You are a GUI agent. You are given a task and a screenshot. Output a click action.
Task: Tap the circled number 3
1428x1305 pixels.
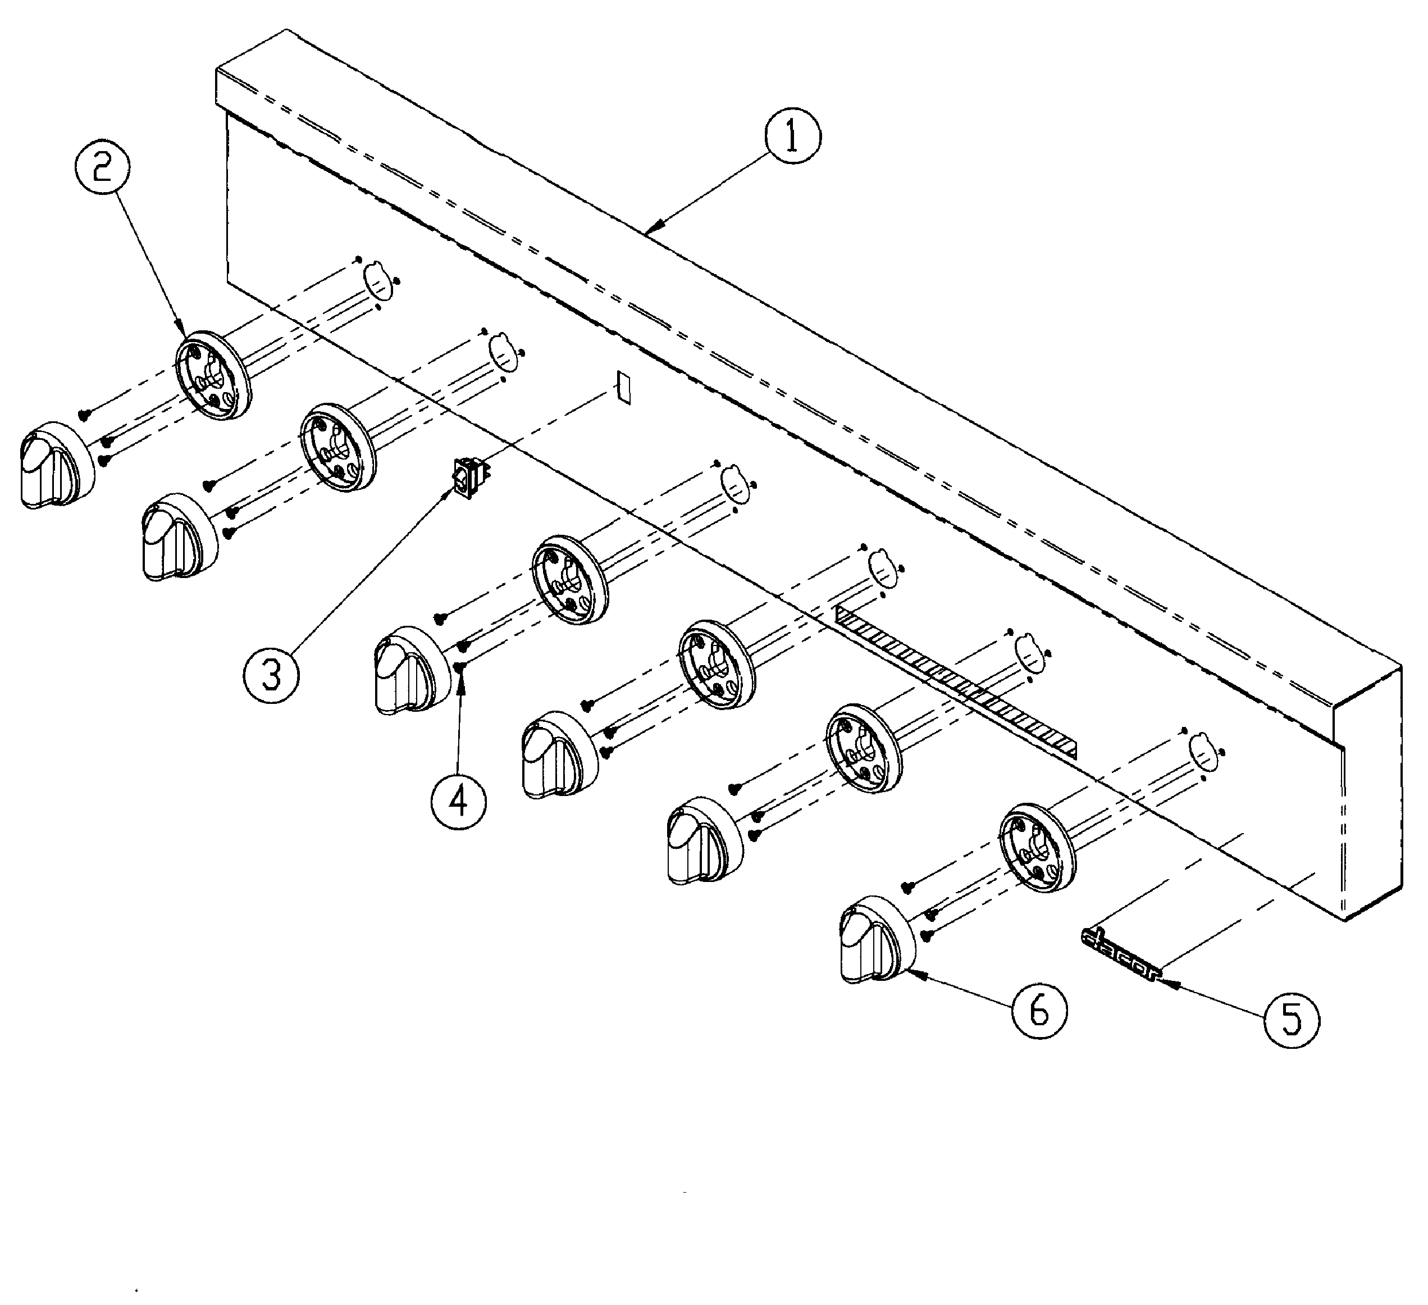[x=271, y=676]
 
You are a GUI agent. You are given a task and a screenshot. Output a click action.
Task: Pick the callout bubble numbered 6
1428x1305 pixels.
[x=1039, y=1011]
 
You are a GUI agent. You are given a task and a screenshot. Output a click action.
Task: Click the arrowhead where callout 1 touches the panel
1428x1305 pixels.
[x=651, y=230]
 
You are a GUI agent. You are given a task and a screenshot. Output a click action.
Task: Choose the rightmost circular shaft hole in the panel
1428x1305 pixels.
[x=1203, y=751]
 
